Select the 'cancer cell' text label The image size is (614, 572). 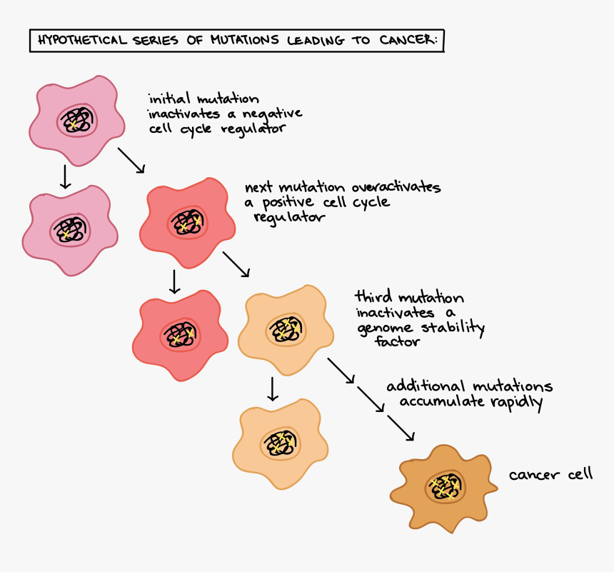pos(550,474)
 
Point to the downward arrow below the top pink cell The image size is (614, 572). pos(65,176)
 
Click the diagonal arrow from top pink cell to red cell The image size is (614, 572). pos(131,160)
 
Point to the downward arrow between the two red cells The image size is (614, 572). pos(173,281)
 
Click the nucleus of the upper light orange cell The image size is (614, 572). pos(288,329)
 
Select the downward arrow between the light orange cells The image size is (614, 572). pos(271,388)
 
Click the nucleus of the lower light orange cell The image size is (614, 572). pos(281,443)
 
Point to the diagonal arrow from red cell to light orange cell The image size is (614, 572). pos(236,264)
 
